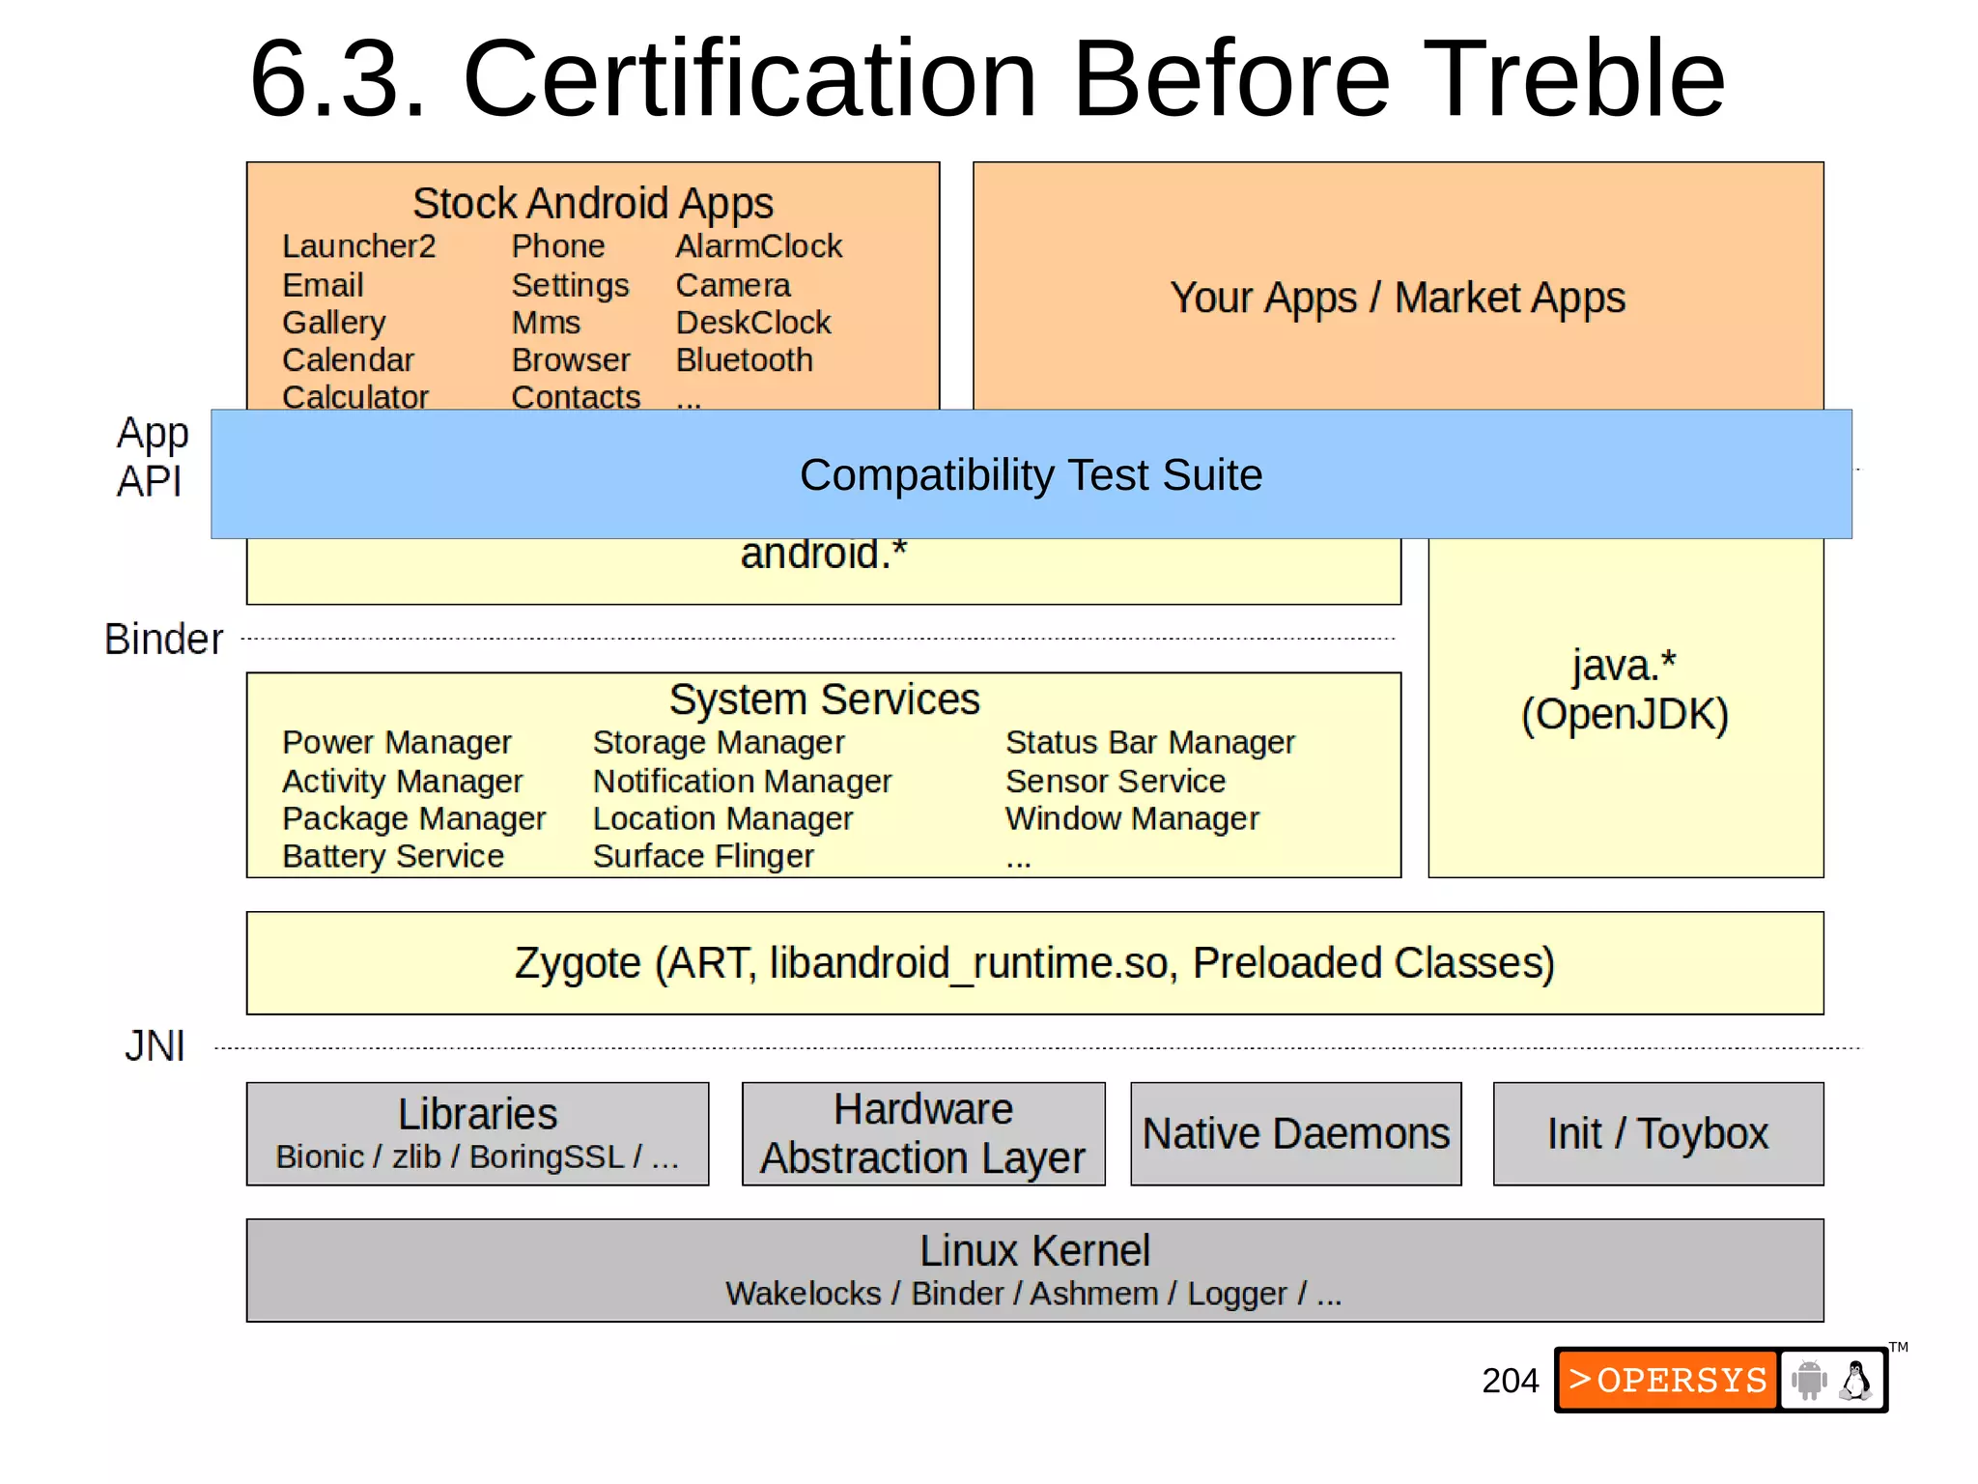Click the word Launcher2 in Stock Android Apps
pyautogui.click(x=358, y=246)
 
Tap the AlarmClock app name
pyautogui.click(x=758, y=246)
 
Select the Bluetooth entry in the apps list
pyautogui.click(x=744, y=360)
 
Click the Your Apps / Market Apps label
pyautogui.click(x=1398, y=298)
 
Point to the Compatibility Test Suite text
pyautogui.click(x=1031, y=475)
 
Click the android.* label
pyautogui.click(x=823, y=555)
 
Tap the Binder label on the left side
pyautogui.click(x=163, y=640)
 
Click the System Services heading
pyautogui.click(x=824, y=699)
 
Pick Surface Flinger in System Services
pyautogui.click(x=703, y=857)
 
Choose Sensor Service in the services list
pyautogui.click(x=1115, y=781)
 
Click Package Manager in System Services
pyautogui.click(x=413, y=819)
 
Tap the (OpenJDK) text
pyautogui.click(x=1625, y=715)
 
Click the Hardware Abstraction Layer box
pyautogui.click(x=923, y=1133)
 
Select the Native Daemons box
pyautogui.click(x=1295, y=1133)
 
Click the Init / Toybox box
pyautogui.click(x=1657, y=1133)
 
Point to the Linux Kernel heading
pyautogui.click(x=1034, y=1251)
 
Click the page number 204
pyautogui.click(x=1510, y=1381)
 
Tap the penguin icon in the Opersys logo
pyautogui.click(x=1854, y=1380)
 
